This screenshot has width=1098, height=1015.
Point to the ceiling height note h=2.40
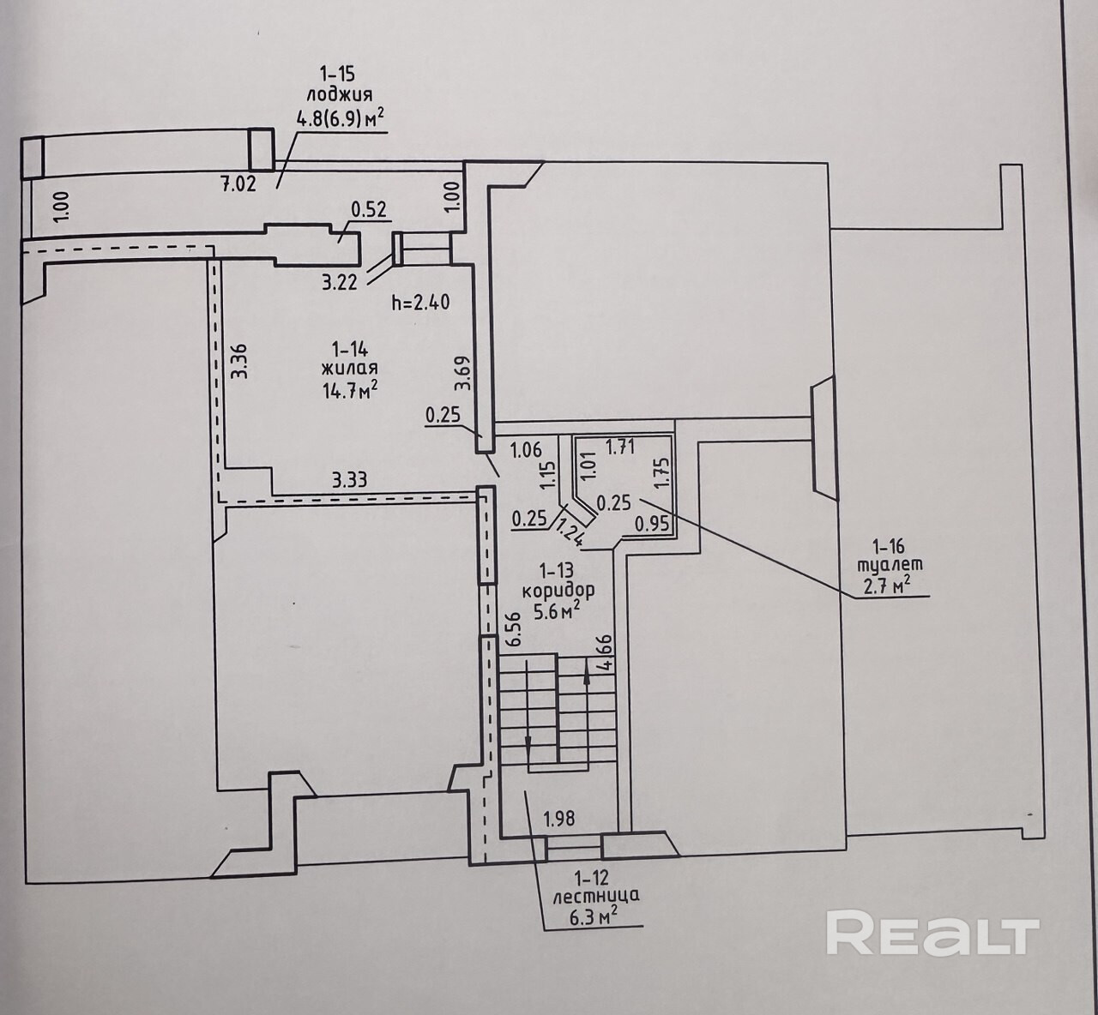coord(420,303)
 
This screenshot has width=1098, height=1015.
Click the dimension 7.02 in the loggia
coord(238,184)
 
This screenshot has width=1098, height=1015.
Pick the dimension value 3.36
coord(238,362)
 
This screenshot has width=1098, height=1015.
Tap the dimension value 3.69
coord(462,373)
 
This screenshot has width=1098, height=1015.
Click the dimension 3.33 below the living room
coord(349,479)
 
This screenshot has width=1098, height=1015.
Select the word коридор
coord(559,590)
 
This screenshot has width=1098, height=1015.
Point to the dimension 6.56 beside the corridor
coord(513,628)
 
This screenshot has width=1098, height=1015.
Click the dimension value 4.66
coord(606,652)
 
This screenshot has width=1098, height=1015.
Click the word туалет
coord(890,566)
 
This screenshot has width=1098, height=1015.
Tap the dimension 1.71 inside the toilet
coord(621,446)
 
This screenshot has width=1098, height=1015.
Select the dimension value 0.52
coord(370,210)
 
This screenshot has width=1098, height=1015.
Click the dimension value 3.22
coord(340,283)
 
